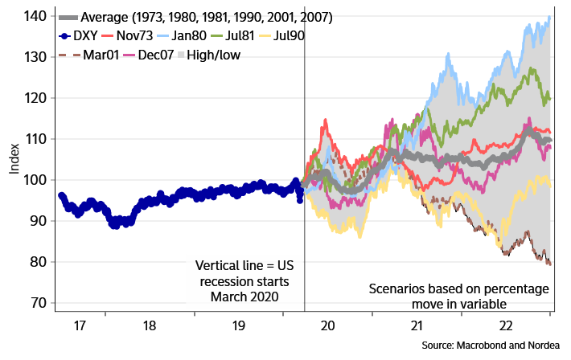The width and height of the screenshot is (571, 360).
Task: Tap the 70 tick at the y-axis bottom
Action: point(35,303)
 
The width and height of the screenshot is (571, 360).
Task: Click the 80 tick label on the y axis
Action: point(35,262)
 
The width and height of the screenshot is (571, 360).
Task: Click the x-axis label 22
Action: point(506,326)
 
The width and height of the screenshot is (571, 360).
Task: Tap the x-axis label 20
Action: point(327,326)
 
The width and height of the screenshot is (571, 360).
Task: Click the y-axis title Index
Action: point(15,160)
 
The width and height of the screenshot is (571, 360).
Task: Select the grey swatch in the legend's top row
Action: point(68,17)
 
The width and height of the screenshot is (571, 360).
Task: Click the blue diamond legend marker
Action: point(65,35)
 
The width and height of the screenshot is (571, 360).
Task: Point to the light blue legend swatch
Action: point(162,35)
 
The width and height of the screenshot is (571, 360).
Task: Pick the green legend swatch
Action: point(217,35)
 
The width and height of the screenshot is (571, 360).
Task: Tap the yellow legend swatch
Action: point(265,35)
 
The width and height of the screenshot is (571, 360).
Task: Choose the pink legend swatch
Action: point(129,55)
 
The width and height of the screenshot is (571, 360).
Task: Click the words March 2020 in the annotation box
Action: point(244,297)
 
